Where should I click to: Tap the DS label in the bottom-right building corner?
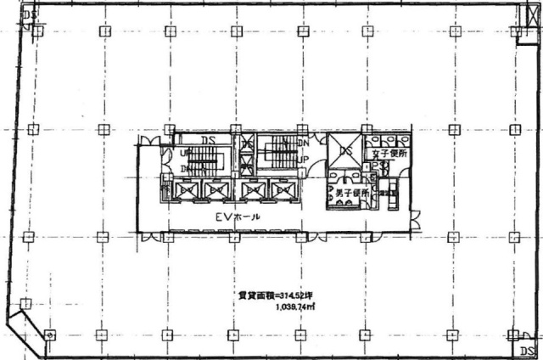click(x=527, y=349)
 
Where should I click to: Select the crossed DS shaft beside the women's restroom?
click(x=344, y=151)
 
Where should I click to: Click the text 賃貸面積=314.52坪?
click(x=265, y=295)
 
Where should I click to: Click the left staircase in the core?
click(x=204, y=161)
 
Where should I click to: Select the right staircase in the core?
click(x=277, y=155)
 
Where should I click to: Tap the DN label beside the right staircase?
click(x=302, y=144)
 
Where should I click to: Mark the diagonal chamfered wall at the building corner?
click(x=25, y=329)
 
